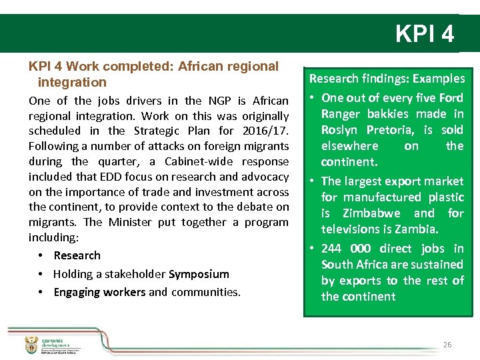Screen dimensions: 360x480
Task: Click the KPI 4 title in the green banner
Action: (x=425, y=33)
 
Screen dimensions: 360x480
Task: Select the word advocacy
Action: (x=267, y=177)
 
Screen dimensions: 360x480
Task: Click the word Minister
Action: (x=130, y=222)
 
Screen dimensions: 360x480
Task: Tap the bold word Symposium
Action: (x=199, y=274)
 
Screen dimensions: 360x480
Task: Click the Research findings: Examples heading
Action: (x=387, y=79)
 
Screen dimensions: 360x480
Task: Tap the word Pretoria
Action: (x=383, y=130)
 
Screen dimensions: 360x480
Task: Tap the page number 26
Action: (x=447, y=345)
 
